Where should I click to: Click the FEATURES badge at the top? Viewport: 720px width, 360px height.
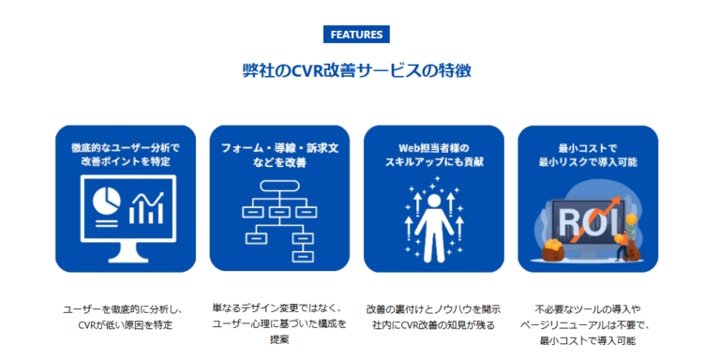pos(355,35)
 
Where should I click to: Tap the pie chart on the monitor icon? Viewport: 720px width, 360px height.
pos(106,201)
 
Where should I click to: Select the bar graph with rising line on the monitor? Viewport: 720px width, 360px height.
pos(148,206)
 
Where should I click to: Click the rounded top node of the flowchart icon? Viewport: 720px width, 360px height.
pos(279,185)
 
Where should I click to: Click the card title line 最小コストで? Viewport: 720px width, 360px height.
pos(586,147)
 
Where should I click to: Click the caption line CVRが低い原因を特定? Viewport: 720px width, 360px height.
pos(125,324)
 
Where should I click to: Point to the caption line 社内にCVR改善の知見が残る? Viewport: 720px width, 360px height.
pos(433,324)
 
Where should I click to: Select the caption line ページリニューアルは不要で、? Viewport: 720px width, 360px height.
pos(586,324)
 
